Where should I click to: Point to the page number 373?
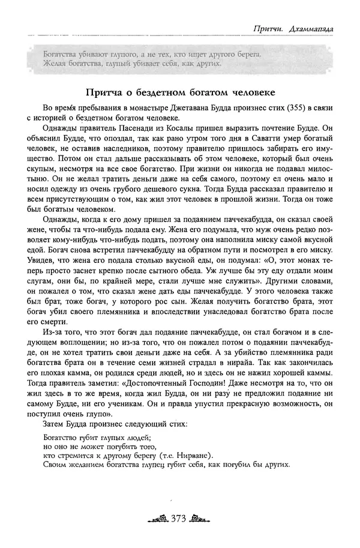click(x=181, y=518)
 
